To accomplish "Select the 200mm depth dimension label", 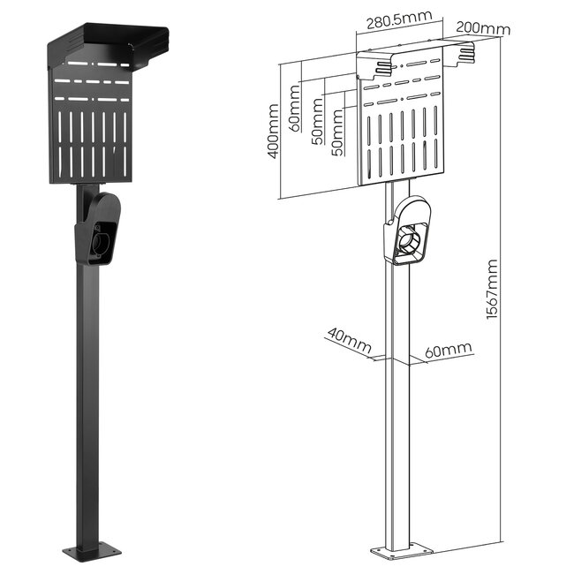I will click(483, 28).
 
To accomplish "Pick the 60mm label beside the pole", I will click(448, 351).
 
